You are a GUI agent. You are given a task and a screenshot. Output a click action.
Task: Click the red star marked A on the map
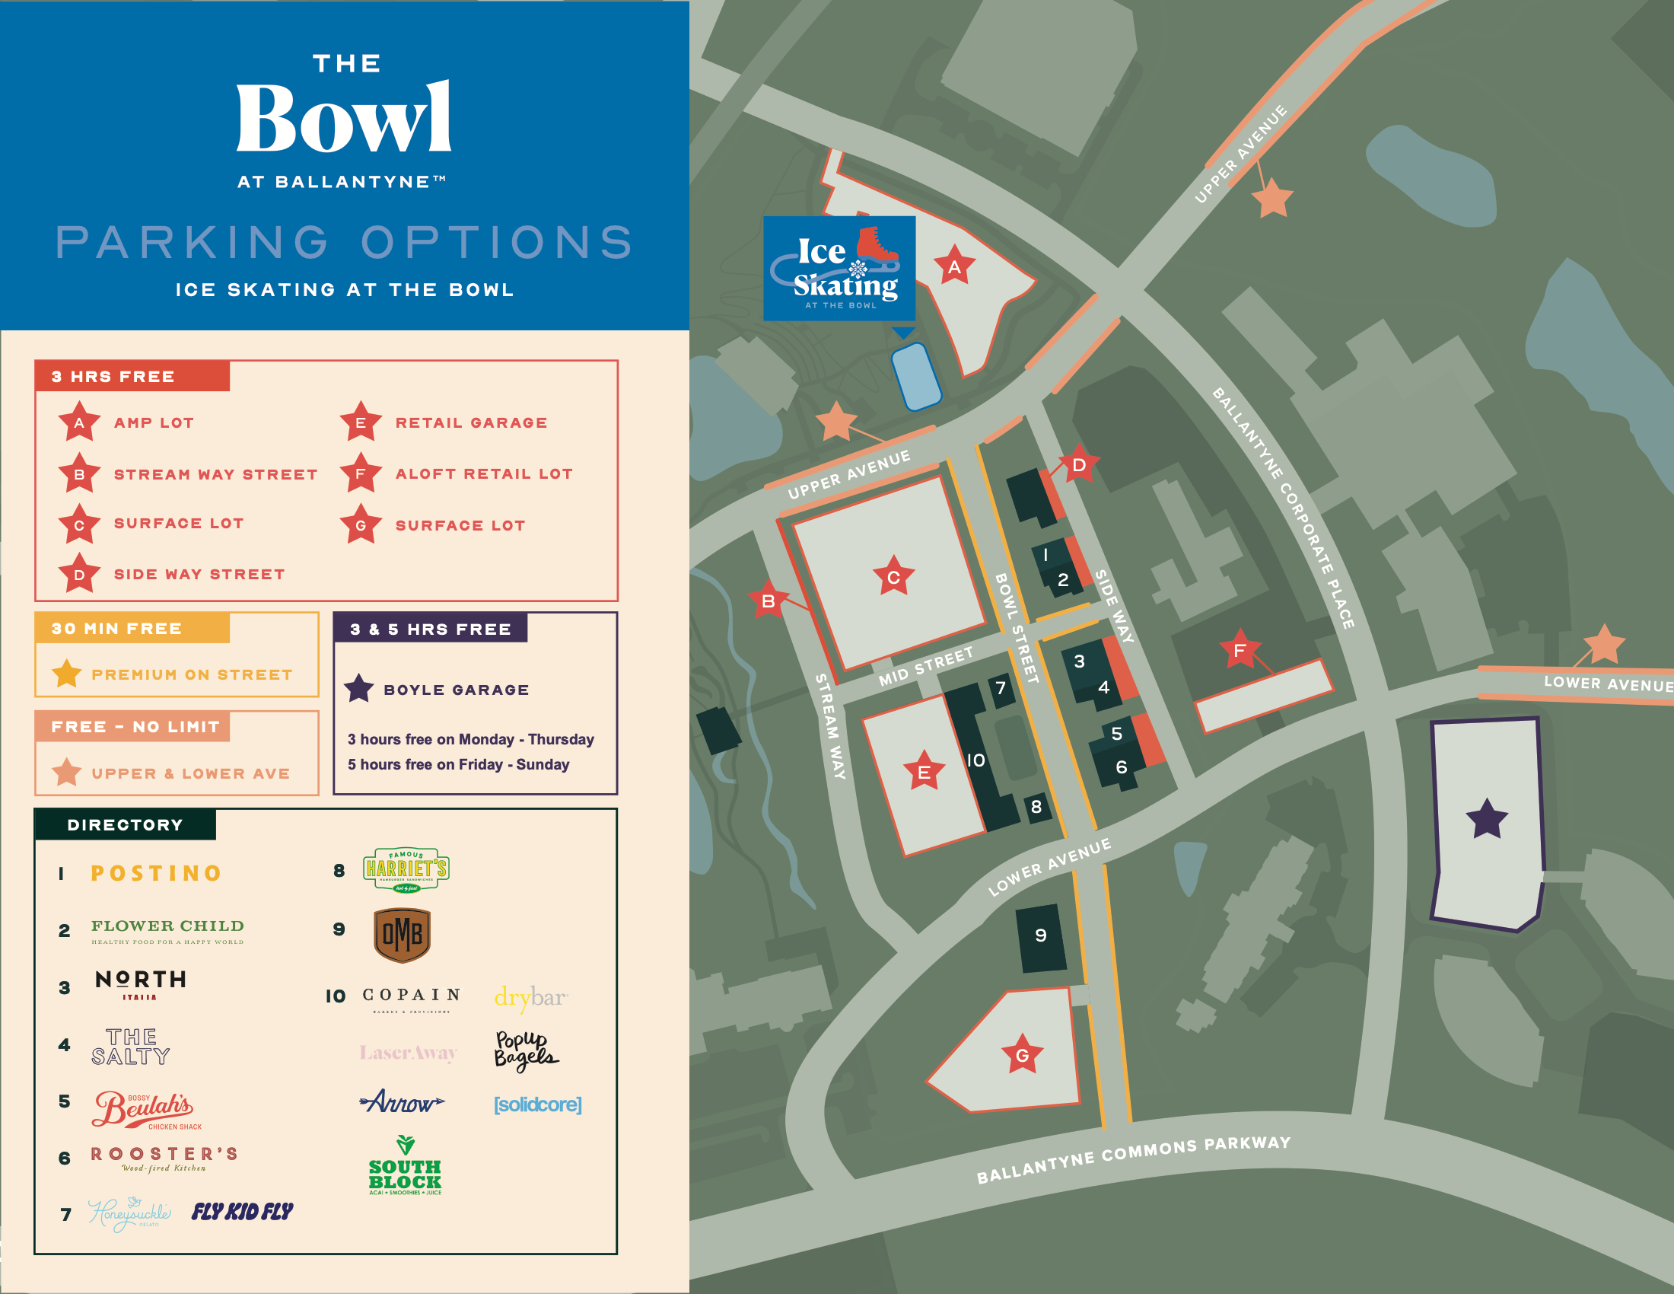coord(954,266)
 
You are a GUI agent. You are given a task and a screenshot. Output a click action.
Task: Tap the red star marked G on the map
coord(1022,1055)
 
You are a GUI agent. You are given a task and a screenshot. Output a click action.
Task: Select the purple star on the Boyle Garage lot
coord(1486,819)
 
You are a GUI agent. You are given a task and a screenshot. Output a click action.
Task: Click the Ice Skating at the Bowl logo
coord(839,268)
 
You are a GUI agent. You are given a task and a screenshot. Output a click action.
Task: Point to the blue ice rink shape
coord(916,375)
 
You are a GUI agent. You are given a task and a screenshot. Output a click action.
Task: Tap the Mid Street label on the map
coord(926,665)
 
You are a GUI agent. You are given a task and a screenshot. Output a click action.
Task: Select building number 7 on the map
coord(1001,687)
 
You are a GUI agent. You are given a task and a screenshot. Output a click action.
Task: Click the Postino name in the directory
coord(156,873)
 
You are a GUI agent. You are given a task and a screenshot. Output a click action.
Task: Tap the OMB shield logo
coord(402,935)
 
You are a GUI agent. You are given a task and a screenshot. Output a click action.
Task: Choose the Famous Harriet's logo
coord(406,869)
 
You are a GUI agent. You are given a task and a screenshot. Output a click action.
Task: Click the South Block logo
coord(405,1166)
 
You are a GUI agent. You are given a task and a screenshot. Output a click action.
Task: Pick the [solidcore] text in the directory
coord(537,1104)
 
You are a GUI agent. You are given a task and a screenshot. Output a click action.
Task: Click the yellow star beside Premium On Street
coord(67,674)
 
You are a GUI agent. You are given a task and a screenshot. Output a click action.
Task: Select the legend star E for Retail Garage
coord(360,422)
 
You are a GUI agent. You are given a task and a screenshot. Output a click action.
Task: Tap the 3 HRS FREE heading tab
coord(132,376)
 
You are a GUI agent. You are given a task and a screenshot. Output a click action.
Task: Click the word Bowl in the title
coord(344,119)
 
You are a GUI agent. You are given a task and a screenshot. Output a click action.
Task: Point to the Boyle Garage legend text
coord(456,689)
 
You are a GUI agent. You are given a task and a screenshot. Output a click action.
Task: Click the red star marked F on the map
coord(1240,650)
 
